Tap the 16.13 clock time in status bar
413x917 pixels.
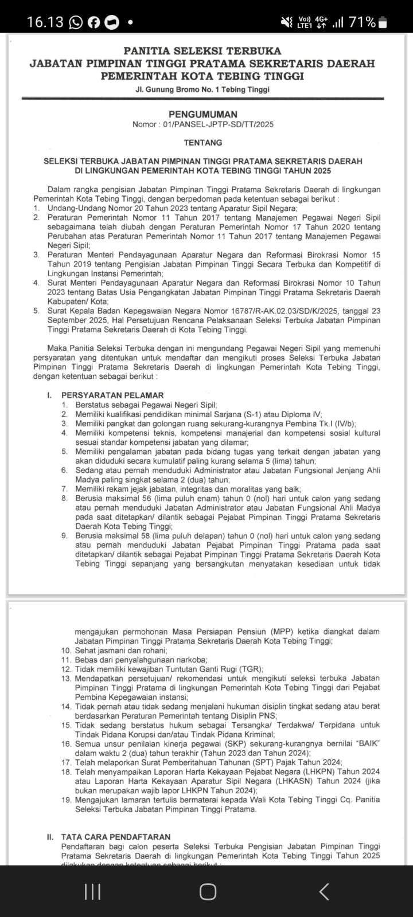45,22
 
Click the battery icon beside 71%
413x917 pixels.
383,23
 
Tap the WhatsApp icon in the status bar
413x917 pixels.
76,23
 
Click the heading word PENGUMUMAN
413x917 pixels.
202,115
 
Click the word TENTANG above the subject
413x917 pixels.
202,142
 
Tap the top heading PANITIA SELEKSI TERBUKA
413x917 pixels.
202,51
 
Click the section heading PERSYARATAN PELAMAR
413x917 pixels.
112,395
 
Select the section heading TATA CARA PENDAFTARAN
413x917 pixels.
115,837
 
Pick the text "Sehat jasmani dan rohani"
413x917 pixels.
120,650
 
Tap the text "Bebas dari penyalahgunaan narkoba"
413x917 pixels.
141,660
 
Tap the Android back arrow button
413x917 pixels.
324,891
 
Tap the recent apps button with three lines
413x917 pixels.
92,891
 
